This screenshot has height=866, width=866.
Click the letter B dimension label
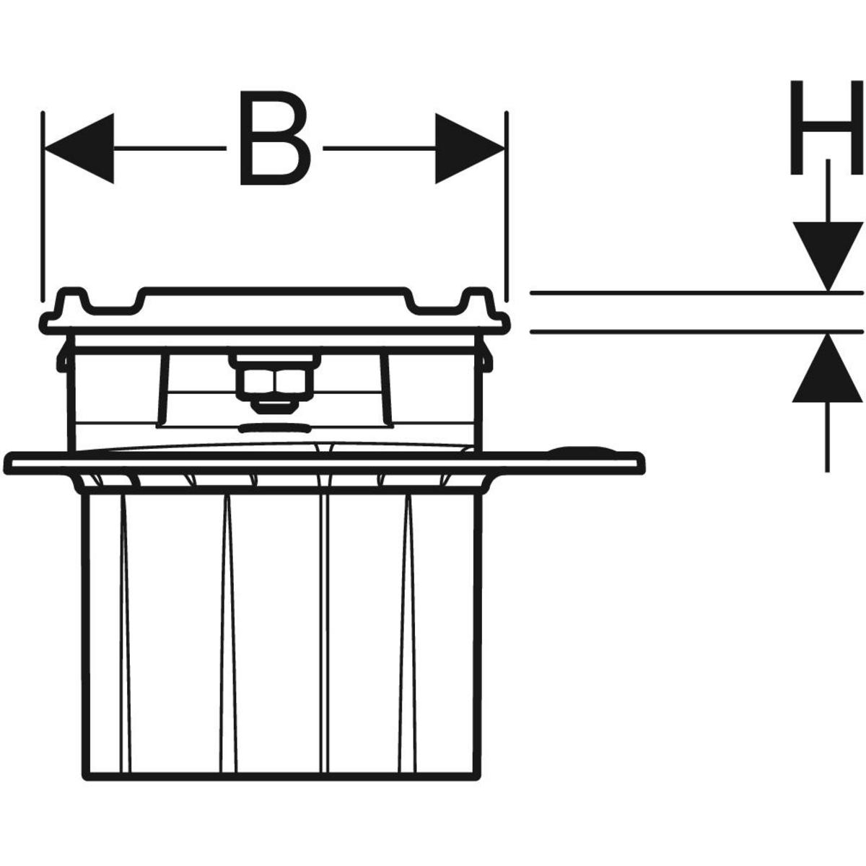pyautogui.click(x=274, y=137)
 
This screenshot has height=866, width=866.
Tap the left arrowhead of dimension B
pyautogui.click(x=79, y=148)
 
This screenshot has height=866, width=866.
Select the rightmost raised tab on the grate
pyautogui.click(x=477, y=298)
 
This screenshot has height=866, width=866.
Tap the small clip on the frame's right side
pyautogui.click(x=487, y=357)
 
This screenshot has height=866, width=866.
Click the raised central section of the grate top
pyautogui.click(x=274, y=296)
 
